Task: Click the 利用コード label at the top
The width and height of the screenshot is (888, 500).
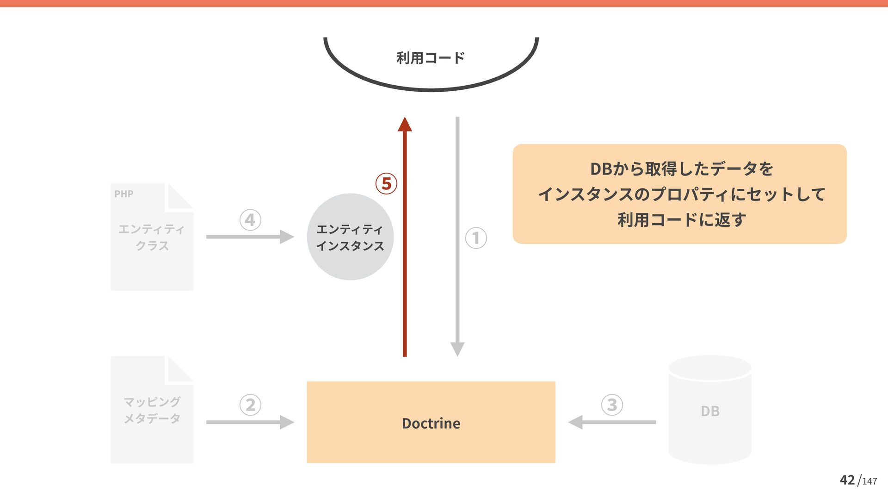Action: point(431,58)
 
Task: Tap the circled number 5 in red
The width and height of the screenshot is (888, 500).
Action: point(386,184)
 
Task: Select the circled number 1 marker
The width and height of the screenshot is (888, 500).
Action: point(476,238)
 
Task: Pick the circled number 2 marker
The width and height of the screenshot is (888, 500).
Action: point(250,405)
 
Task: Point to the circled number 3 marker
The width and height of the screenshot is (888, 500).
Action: point(612,405)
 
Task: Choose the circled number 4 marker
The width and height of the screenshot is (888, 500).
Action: point(250,220)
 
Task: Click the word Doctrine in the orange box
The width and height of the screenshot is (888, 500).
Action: point(431,423)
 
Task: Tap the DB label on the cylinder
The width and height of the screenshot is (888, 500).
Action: point(710,411)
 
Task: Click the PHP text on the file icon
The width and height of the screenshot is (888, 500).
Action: point(124,194)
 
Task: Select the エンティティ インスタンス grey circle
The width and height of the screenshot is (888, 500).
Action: point(350,237)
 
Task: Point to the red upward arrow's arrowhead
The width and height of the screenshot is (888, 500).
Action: point(405,125)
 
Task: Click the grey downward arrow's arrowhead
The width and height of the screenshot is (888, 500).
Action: point(457,349)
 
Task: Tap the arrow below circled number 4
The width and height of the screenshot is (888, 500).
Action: point(250,237)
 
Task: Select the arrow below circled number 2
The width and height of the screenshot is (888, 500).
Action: point(250,422)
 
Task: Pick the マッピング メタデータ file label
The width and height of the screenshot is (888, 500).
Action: point(152,410)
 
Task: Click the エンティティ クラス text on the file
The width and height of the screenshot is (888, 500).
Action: point(152,237)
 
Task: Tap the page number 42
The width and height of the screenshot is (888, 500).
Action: point(847,480)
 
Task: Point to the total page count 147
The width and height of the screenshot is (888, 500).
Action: point(869,481)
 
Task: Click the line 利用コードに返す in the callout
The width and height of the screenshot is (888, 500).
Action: point(681,219)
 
